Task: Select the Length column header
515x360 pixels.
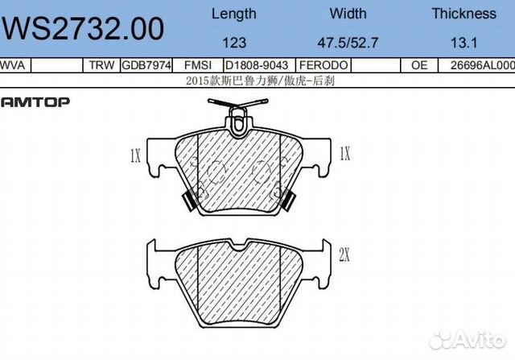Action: tap(233, 13)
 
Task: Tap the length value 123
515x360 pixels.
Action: tap(234, 41)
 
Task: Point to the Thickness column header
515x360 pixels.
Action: tap(463, 13)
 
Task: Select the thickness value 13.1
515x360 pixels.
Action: tap(463, 41)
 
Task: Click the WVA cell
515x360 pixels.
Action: tap(12, 65)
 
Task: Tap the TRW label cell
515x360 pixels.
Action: tap(101, 65)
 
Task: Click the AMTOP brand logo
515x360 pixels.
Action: tap(35, 101)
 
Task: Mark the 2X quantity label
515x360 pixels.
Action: tap(344, 256)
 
